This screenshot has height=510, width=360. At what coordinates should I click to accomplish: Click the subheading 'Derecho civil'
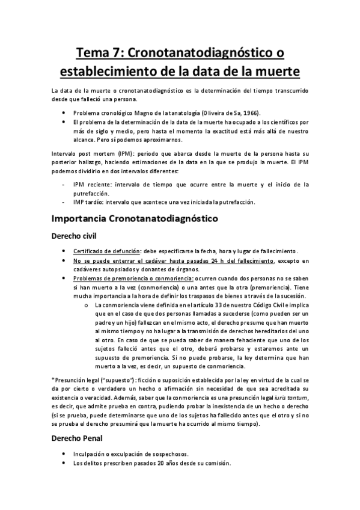79,235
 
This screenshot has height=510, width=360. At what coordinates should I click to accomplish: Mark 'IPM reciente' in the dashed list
90,183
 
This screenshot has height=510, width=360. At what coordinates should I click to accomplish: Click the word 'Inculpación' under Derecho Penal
91,454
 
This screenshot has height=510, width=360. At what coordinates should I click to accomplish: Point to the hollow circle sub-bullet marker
88,307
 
